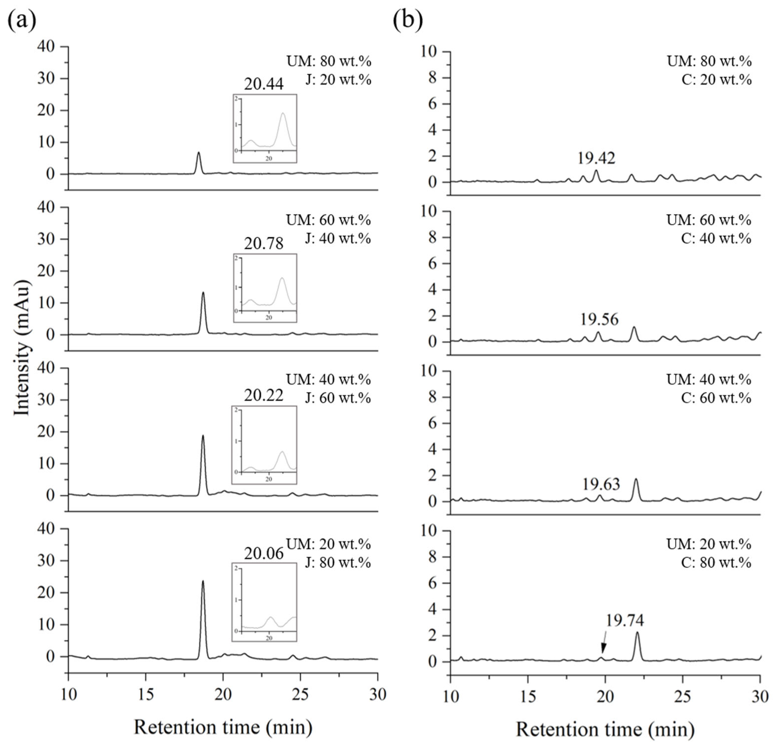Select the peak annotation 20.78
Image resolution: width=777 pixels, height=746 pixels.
click(264, 243)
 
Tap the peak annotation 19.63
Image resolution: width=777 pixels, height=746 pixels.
click(601, 484)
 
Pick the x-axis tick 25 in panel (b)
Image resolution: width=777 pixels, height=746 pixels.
click(683, 696)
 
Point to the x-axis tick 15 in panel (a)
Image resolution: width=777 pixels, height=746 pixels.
click(146, 694)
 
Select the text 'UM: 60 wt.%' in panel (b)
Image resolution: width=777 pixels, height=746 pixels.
click(709, 220)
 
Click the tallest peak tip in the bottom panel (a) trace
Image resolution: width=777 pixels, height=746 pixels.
click(203, 582)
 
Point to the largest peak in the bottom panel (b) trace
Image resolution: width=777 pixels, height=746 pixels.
click(637, 633)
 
